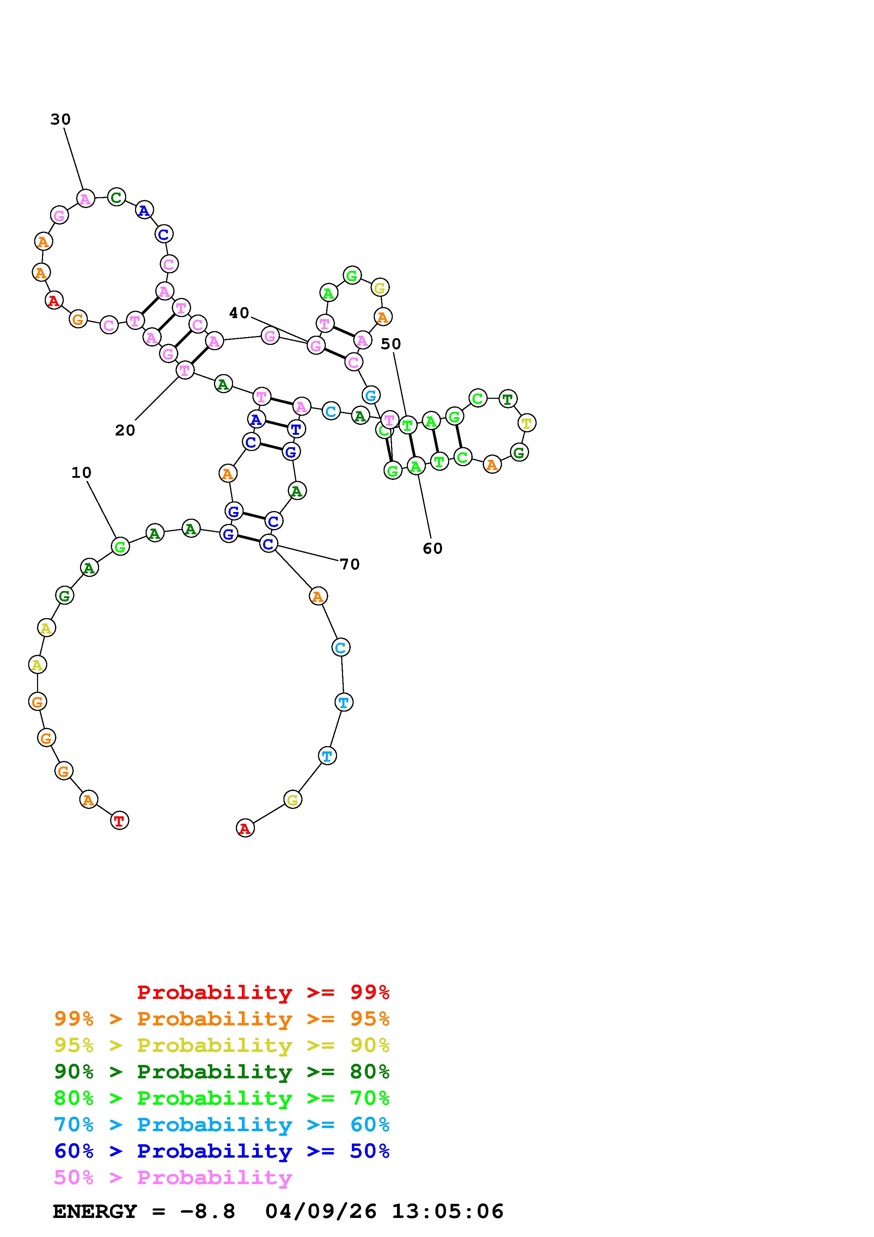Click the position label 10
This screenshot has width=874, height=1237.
pos(81,473)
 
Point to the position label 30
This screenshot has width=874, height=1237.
pos(60,119)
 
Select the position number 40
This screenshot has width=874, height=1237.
pos(239,312)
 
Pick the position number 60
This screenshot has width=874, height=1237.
pos(433,548)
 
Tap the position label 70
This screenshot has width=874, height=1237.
pos(349,564)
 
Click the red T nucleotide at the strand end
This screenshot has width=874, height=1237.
pos(120,821)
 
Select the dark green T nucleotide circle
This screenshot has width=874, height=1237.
pos(507,399)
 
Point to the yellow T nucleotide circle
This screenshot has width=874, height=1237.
pos(527,423)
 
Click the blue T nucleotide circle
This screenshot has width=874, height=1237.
pos(296,429)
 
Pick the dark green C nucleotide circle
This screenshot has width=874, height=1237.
pos(116,197)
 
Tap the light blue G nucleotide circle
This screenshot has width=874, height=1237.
pos(371,395)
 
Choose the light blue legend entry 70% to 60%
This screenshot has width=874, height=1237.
pos(222,1125)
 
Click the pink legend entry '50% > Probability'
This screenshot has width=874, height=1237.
pos(173,1178)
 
